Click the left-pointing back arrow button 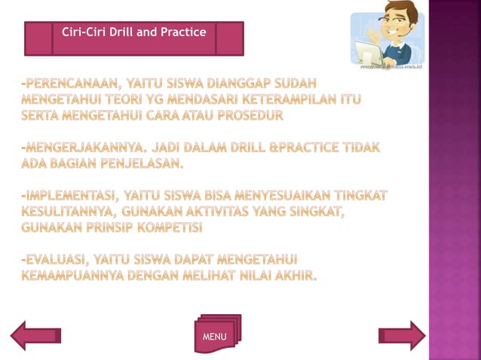(38, 335)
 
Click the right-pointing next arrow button (402, 335)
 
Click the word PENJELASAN (144, 163)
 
